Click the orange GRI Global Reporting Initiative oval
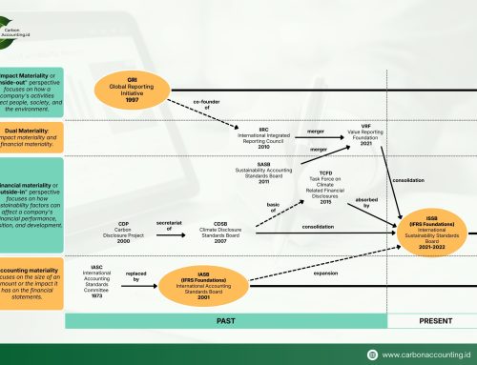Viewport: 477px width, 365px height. (x=145, y=91)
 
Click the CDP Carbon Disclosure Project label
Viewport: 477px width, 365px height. (x=123, y=232)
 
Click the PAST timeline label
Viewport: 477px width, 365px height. (x=226, y=322)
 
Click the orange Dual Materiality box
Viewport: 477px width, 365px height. (x=31, y=133)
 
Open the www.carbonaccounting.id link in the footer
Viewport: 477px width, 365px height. (x=429, y=352)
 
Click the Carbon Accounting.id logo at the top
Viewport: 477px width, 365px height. (x=37, y=26)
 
